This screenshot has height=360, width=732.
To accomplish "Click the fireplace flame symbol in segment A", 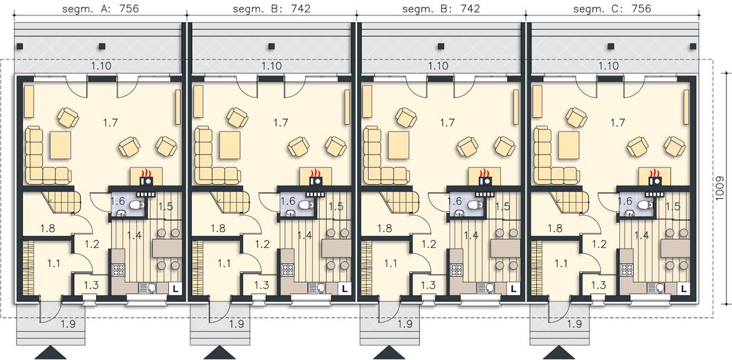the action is (x=147, y=173).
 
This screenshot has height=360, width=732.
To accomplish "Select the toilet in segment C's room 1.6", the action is (x=645, y=204).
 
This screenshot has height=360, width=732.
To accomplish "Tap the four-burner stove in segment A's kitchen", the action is (x=118, y=270).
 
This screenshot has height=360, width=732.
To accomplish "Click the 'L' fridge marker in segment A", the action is (x=176, y=289).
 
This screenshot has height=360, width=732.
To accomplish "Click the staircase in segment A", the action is (x=61, y=201).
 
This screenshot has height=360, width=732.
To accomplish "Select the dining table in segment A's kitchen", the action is (x=167, y=249).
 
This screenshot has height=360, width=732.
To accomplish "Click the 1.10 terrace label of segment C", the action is (x=608, y=66).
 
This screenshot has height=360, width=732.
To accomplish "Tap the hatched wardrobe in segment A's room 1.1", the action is (x=28, y=267).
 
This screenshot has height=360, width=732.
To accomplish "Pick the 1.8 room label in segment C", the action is (x=555, y=228).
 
